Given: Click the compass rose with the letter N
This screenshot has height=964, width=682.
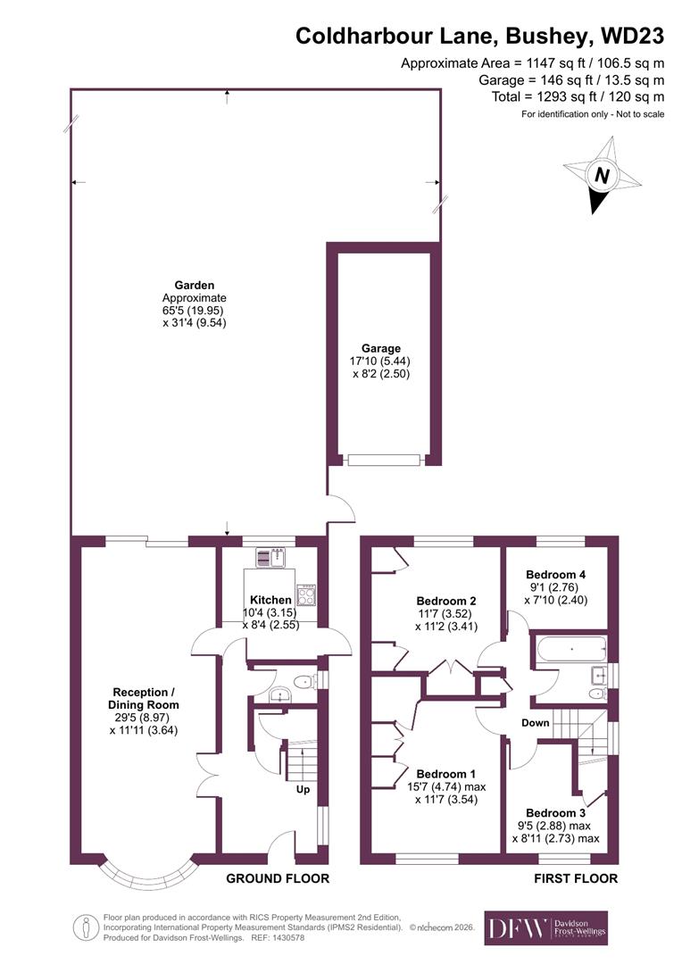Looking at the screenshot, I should click(x=602, y=176).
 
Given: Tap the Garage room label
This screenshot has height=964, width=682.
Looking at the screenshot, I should click(x=380, y=348).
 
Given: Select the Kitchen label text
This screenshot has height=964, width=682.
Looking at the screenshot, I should click(x=270, y=600).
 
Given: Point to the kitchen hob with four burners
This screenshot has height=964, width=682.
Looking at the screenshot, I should click(x=306, y=594).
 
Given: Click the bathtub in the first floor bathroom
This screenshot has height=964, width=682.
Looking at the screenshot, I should click(x=569, y=649).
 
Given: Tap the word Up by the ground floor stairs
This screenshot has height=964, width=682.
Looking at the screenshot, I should click(x=304, y=790).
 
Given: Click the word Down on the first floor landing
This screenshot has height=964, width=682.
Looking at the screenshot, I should click(x=536, y=722).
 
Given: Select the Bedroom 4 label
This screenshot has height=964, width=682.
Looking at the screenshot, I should click(x=555, y=575).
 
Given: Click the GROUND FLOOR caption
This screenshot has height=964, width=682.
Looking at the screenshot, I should click(x=278, y=878).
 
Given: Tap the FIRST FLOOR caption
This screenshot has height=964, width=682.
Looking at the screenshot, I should click(x=576, y=878).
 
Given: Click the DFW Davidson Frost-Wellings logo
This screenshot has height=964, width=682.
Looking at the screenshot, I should click(x=545, y=928).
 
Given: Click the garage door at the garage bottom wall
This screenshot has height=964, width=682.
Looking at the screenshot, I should click(x=384, y=460).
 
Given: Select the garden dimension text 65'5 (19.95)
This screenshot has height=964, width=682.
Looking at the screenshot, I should click(x=195, y=311).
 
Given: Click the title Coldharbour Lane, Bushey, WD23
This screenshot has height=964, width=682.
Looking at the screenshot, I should click(x=479, y=36).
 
